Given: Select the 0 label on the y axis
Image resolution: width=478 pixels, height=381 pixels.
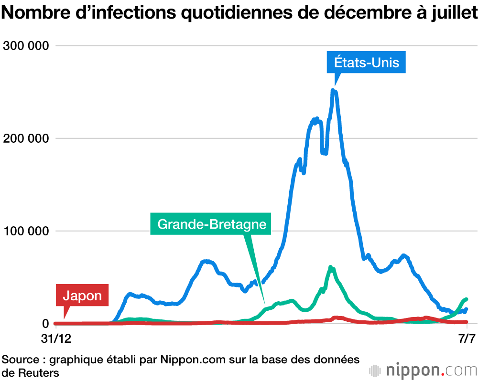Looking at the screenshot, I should pyautogui.click(x=45, y=324).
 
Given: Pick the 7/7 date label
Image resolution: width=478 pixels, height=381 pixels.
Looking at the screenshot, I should pyautogui.click(x=467, y=339).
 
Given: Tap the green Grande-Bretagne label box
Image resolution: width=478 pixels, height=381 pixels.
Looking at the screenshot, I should pyautogui.click(x=211, y=223).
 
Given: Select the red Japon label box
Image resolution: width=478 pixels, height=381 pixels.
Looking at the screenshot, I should pyautogui.click(x=82, y=296).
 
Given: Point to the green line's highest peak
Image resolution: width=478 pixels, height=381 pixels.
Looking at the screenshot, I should pyautogui.click(x=331, y=268).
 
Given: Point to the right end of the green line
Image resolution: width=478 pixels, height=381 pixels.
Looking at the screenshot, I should pyautogui.click(x=466, y=299).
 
